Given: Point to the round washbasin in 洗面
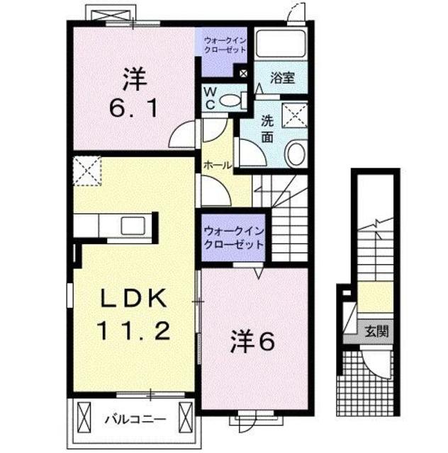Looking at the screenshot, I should click(296, 152).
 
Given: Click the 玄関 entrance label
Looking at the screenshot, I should click(376, 331).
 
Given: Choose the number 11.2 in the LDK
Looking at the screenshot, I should click(134, 330).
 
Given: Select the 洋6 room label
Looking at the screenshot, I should click(251, 342).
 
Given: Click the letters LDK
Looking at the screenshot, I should click(134, 299).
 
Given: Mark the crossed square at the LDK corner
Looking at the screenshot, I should click(86, 170).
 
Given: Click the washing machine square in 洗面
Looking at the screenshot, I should click(294, 114).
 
